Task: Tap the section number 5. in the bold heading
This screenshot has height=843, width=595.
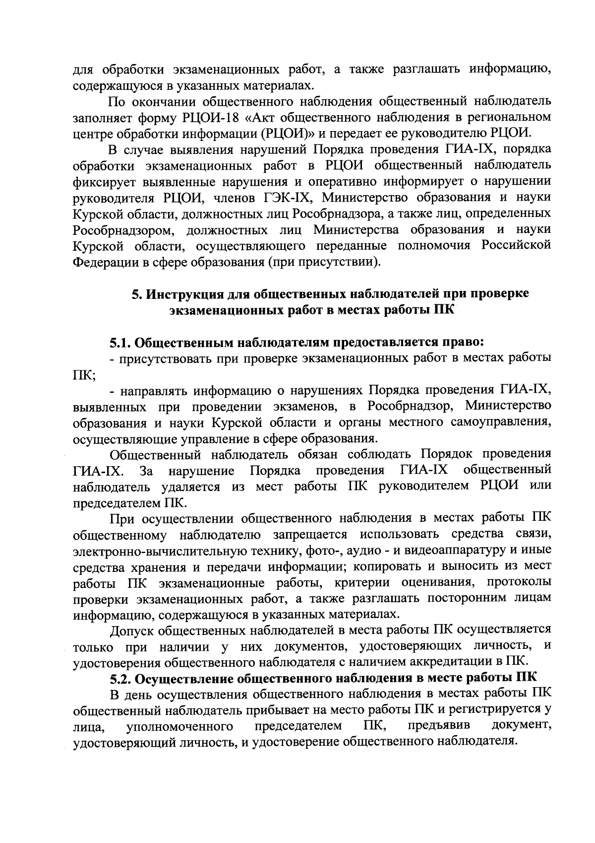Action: pyautogui.click(x=137, y=294)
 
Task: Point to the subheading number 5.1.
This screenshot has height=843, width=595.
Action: pyautogui.click(x=120, y=343)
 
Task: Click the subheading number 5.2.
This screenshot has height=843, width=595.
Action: pyautogui.click(x=120, y=678)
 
